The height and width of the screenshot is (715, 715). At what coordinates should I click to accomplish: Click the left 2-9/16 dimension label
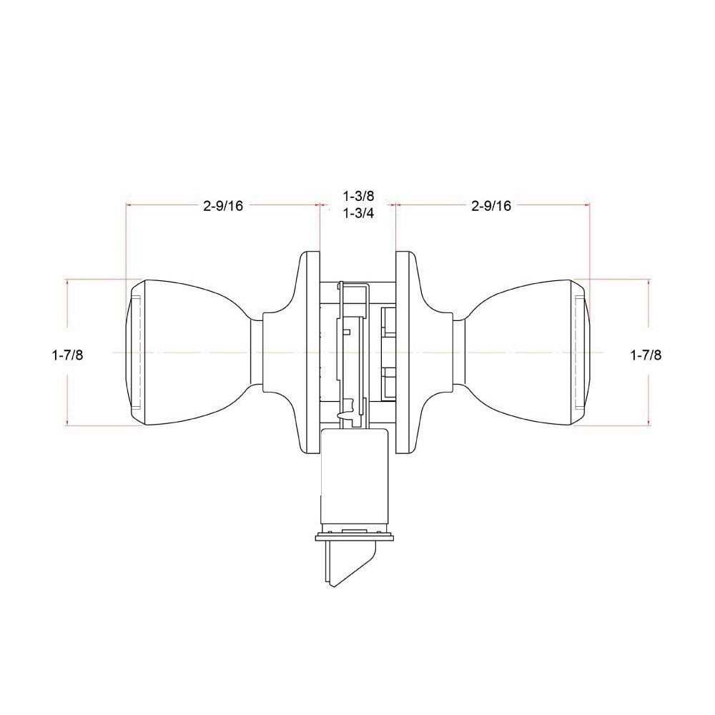[x=223, y=206]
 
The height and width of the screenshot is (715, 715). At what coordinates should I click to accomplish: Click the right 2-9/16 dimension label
[x=491, y=206]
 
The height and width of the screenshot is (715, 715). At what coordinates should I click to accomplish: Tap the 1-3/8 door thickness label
[x=358, y=196]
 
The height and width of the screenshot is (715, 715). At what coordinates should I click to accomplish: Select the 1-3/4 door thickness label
[x=358, y=213]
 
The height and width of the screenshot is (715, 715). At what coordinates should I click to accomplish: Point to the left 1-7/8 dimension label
[x=67, y=355]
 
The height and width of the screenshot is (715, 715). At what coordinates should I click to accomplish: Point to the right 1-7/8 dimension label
[x=646, y=355]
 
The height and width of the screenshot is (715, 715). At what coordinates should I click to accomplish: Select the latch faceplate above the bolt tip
[x=354, y=537]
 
